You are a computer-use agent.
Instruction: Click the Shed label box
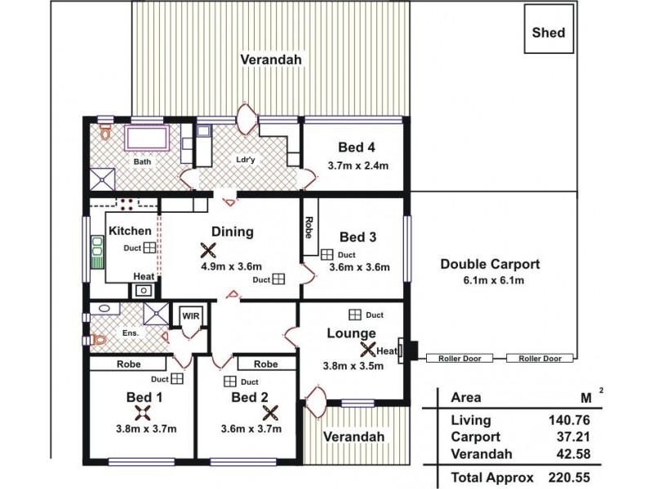point(549,33)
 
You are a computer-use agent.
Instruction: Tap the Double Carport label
point(490,264)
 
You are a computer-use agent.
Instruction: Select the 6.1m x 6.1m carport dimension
point(490,280)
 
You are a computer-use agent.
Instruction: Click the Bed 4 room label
point(357,148)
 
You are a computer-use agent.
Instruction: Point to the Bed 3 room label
point(358,237)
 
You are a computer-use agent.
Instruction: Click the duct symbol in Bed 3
point(326,255)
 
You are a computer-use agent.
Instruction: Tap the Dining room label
point(233,231)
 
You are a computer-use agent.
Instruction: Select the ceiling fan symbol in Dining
point(209,251)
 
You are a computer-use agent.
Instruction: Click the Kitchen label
point(131,231)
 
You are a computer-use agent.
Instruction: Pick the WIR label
point(190,316)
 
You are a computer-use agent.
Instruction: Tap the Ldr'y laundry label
point(247,160)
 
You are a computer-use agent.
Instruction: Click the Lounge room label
point(351,333)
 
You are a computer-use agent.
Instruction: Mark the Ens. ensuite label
point(131,333)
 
